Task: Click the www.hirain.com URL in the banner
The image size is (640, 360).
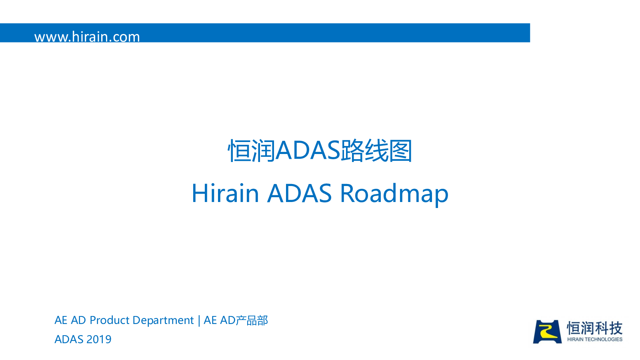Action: coord(87,37)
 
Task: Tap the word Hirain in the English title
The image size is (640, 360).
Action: coord(225,193)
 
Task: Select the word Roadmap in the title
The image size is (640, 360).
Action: coord(394,195)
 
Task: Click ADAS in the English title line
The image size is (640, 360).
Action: coord(300,193)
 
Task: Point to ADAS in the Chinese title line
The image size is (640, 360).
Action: coord(308,150)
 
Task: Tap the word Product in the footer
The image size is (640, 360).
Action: coord(110,320)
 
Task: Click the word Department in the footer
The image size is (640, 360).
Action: coord(163,321)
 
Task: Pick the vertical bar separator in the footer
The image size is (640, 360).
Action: coord(199,320)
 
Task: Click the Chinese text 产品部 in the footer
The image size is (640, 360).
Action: coord(252,320)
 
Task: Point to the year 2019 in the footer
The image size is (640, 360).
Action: coord(98,340)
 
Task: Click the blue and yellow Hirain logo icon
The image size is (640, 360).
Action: coord(547,332)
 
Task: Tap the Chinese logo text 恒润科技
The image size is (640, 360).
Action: coord(594,328)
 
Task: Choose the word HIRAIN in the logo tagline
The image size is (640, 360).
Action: coord(576,340)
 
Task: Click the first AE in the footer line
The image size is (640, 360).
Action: coord(61,320)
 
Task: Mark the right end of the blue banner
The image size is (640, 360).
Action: coord(530,33)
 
